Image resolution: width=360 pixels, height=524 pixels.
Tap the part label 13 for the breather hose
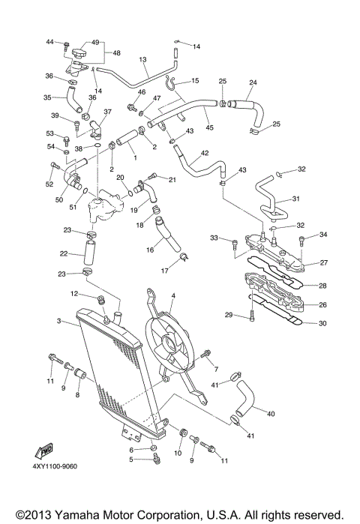[x=142, y=58]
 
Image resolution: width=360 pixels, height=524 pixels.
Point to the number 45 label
[x=209, y=127]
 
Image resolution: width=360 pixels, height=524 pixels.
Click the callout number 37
[x=106, y=112]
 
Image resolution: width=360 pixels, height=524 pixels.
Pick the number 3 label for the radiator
[x=58, y=322]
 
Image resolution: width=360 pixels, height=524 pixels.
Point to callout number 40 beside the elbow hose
[x=271, y=413]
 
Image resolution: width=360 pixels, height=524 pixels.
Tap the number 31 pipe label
[x=295, y=199]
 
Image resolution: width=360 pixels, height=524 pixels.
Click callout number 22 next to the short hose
[x=64, y=253]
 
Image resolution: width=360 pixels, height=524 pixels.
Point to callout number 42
[x=204, y=153]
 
